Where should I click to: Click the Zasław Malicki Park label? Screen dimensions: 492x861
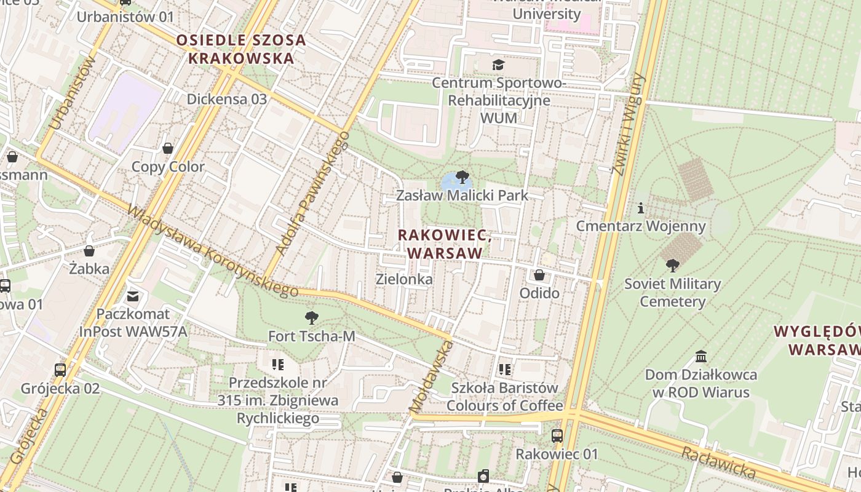[462, 196]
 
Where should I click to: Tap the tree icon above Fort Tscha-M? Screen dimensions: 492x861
[312, 318]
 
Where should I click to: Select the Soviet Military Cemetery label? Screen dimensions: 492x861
[672, 293]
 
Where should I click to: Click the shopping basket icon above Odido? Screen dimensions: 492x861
[539, 275]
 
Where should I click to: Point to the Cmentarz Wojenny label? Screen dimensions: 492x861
[640, 226]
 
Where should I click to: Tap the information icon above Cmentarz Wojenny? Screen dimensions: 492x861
[641, 208]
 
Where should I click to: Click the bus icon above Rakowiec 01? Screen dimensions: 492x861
[557, 436]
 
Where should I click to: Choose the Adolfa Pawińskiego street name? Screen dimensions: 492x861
[312, 193]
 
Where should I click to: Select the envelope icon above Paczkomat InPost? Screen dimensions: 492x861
[133, 297]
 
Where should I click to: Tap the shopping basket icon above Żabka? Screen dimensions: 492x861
[89, 251]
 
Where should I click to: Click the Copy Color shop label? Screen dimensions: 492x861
[168, 167]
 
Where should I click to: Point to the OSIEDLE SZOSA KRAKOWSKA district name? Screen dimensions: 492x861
[240, 49]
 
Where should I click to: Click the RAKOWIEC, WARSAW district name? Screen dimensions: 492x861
[445, 244]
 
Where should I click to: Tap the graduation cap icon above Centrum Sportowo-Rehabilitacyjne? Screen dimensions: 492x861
[497, 65]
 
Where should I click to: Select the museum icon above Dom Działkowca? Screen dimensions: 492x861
[701, 357]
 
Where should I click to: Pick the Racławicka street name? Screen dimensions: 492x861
[718, 462]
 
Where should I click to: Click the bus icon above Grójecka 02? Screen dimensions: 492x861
[60, 370]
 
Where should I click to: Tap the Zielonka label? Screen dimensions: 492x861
[404, 279]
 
